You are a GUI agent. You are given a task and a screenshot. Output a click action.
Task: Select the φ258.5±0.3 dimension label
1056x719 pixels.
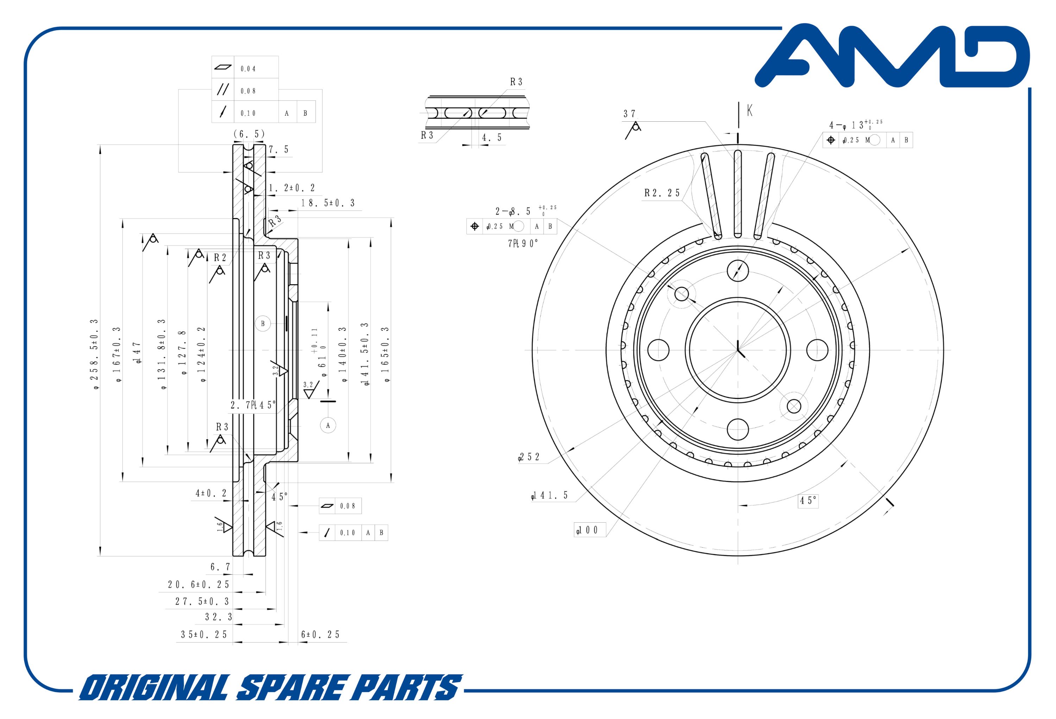point(95,354)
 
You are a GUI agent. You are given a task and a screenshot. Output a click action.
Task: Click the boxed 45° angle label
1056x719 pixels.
point(808,501)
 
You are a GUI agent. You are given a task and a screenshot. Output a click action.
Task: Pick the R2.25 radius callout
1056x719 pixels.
point(662,193)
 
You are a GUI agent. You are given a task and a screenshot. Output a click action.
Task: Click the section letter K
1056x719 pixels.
point(749,110)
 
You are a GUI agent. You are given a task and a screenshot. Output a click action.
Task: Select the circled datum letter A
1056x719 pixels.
point(328,426)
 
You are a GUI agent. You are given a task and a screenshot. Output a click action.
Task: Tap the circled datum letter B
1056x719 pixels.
point(263,324)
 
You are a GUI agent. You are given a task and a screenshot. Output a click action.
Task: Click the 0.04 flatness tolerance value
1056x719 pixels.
point(248,69)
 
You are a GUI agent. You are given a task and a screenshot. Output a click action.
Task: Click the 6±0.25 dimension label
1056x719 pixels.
point(320,635)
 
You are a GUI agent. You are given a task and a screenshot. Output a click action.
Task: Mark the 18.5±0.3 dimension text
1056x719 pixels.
point(328,203)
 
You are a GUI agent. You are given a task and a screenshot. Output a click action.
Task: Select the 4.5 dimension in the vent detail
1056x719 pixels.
point(492,138)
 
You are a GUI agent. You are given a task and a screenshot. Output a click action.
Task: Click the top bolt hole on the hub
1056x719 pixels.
point(737,271)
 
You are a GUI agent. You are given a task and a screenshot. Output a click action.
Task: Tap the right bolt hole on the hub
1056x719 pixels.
point(817,350)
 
